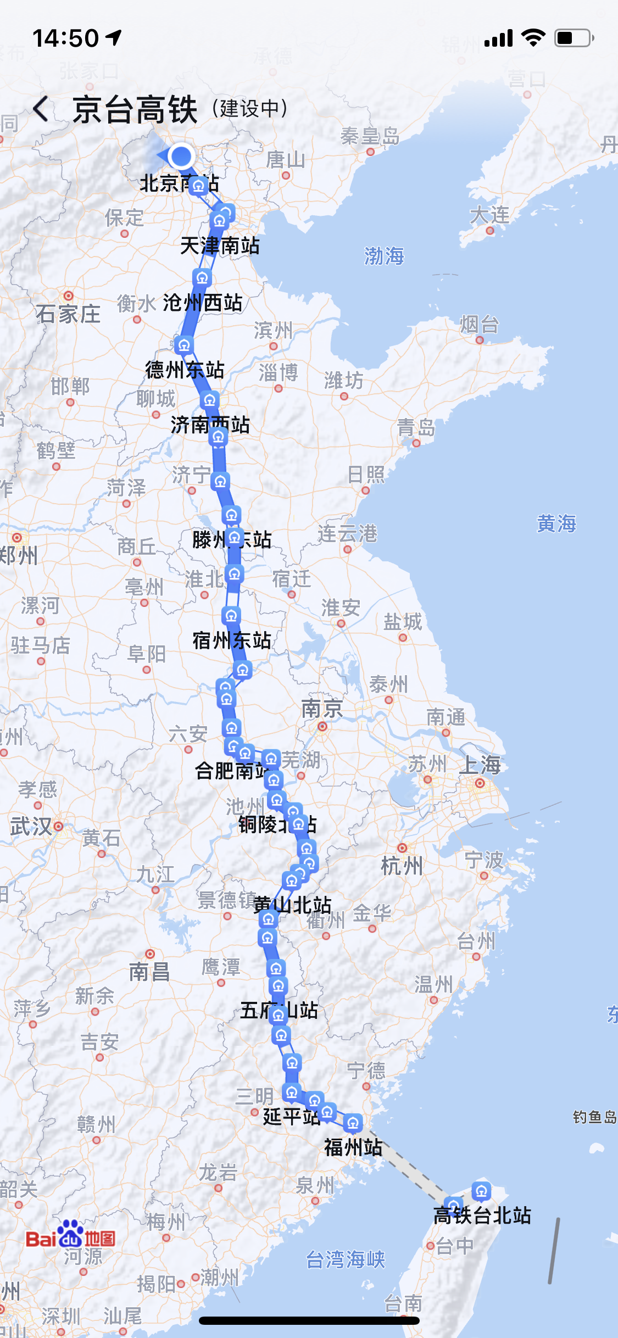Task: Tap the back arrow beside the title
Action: click(x=41, y=109)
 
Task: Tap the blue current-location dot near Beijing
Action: click(x=181, y=156)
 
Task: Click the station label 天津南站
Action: click(x=220, y=246)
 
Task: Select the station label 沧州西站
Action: click(x=203, y=303)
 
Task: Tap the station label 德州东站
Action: click(x=185, y=370)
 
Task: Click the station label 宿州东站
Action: click(x=231, y=640)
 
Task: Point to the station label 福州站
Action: click(x=353, y=1147)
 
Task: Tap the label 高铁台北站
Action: click(x=482, y=1216)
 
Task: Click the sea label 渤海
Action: click(x=384, y=256)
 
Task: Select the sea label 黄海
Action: click(x=556, y=523)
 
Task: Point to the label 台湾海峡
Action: click(x=346, y=1259)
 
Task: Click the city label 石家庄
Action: click(x=68, y=314)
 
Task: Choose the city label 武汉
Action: click(x=31, y=827)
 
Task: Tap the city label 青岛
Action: click(x=416, y=427)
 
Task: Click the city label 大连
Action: click(x=489, y=215)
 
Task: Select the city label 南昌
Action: click(x=149, y=972)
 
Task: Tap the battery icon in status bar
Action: click(x=574, y=38)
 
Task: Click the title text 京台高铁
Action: click(x=135, y=109)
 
